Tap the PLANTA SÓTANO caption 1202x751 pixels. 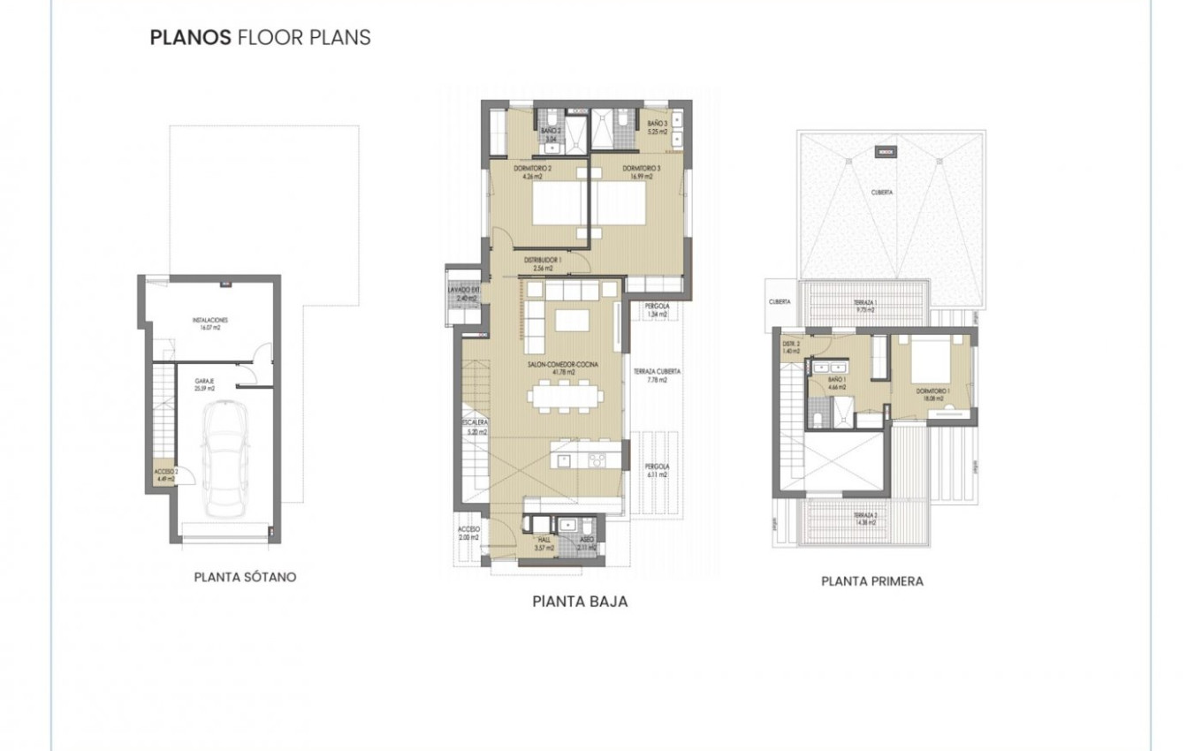click(245, 577)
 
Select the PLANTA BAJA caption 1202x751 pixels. click(580, 602)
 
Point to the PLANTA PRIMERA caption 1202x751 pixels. click(872, 581)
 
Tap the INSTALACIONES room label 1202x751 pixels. click(210, 322)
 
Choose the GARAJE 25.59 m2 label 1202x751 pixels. click(205, 384)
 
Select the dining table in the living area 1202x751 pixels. click(565, 394)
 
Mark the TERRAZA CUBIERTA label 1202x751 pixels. click(657, 375)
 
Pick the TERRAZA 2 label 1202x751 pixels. click(864, 519)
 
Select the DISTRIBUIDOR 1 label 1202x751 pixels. click(543, 263)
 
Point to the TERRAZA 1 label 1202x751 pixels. click(864, 307)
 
